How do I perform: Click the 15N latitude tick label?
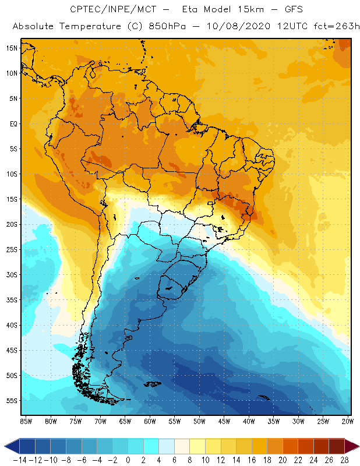point(11,48)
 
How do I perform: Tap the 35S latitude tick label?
point(11,300)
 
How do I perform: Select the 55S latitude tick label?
point(11,401)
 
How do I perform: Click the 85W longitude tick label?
point(26,421)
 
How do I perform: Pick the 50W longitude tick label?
point(199,421)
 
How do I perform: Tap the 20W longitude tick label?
point(348,421)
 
